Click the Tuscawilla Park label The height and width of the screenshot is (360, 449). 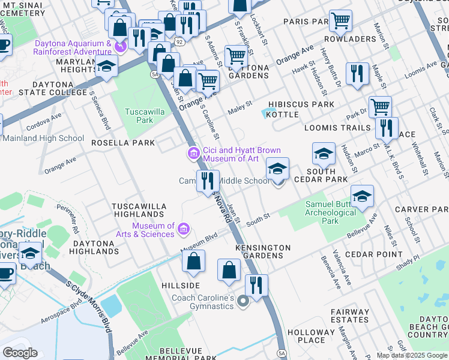139,116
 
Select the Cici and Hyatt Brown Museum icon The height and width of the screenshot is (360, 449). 193,154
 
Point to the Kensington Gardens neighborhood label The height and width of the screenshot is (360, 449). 263,252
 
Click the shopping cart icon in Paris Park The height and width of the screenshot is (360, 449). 340,21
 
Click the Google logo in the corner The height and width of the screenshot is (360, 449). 20,352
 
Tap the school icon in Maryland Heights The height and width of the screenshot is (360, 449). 106,67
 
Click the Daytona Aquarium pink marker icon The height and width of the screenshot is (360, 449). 119,46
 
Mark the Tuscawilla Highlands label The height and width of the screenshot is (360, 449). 139,210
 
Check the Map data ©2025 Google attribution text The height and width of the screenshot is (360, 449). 411,355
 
